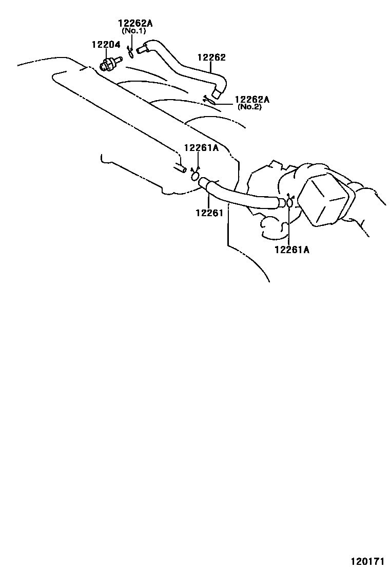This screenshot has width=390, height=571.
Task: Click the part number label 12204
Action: tap(106, 45)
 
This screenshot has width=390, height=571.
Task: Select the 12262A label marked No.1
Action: tap(135, 23)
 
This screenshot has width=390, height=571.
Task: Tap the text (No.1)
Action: tap(134, 31)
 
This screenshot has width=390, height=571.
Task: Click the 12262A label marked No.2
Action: tap(252, 99)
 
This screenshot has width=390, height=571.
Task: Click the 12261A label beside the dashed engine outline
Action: tap(201, 148)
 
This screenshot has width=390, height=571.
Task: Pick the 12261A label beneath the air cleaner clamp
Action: tap(292, 250)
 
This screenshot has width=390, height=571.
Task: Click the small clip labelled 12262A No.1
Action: tap(130, 52)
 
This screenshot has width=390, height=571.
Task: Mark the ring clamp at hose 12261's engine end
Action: tap(196, 176)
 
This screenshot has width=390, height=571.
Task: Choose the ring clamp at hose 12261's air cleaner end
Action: tap(289, 203)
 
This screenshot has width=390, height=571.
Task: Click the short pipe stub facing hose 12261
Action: tap(180, 168)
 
